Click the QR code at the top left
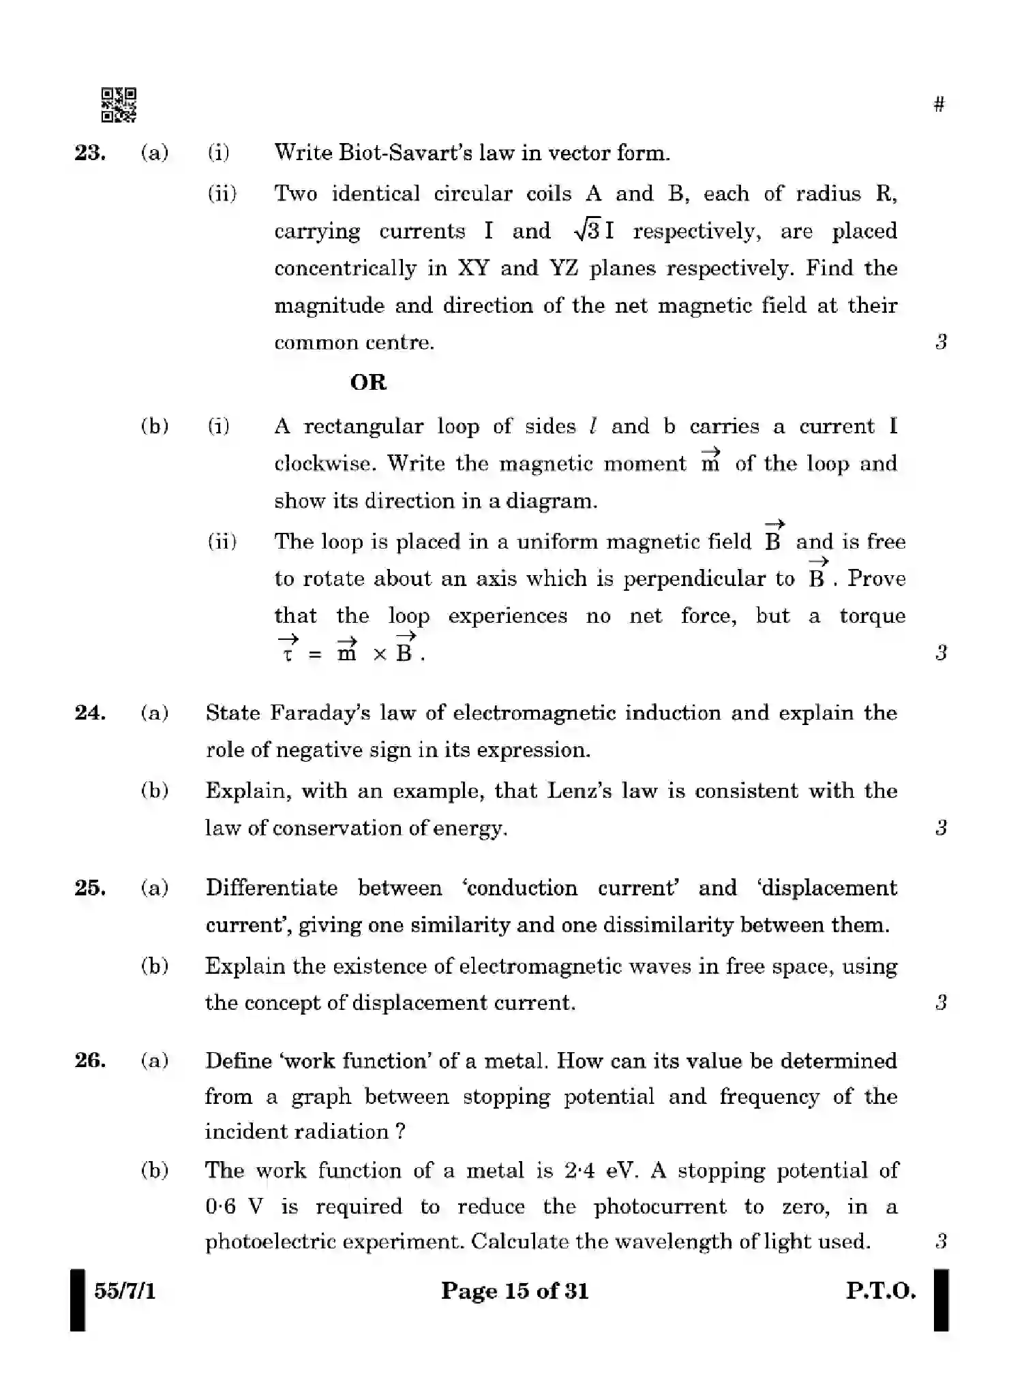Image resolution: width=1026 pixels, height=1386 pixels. pos(119,105)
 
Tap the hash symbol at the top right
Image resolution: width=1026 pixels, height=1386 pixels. pos(939,104)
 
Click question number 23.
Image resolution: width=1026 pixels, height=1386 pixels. pos(90,153)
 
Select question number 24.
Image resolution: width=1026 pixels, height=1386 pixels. pos(90,713)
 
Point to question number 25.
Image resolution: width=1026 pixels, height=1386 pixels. pos(90,888)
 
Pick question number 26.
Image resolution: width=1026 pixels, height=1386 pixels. pos(90,1060)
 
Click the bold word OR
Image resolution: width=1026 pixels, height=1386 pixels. pos(368,382)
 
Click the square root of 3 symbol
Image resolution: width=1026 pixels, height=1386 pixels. pos(587,231)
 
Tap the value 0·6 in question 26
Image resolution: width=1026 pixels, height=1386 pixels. pos(220,1207)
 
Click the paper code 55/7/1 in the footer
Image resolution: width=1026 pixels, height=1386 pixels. pos(125,1291)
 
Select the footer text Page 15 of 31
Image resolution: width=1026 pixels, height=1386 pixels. pos(514,1291)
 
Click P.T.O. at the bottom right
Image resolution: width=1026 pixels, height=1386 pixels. pos(881,1291)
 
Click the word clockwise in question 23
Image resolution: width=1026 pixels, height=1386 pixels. pos(325,464)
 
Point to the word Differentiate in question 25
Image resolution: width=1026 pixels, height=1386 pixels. pos(271,888)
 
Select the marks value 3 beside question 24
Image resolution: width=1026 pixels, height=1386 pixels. pos(941,828)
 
